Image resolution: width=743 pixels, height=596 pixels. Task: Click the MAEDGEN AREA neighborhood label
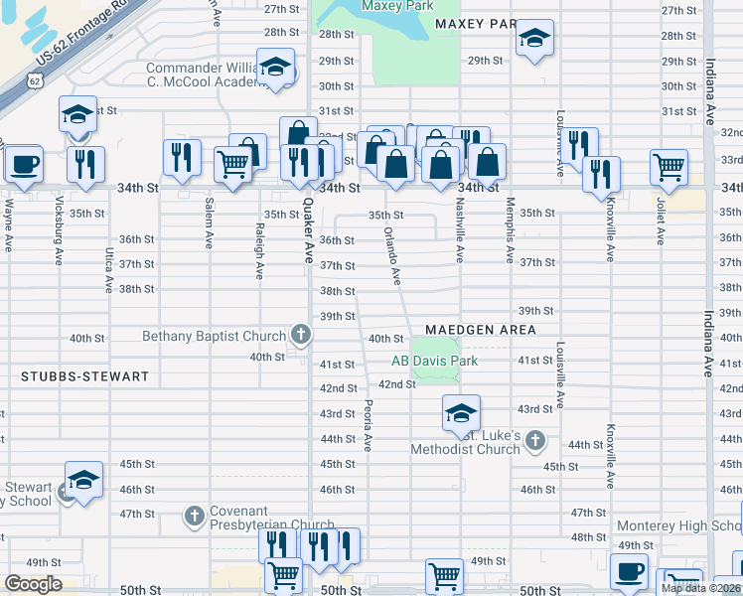[481, 330]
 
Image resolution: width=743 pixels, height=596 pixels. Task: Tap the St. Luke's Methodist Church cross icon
[535, 439]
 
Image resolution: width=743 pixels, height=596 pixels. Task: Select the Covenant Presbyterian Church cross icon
[194, 516]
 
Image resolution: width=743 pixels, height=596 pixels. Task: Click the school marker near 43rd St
[461, 411]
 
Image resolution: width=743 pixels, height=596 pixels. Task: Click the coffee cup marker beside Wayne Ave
[24, 163]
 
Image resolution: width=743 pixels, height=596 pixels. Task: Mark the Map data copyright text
[700, 588]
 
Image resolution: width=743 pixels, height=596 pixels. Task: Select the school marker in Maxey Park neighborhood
[535, 40]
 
